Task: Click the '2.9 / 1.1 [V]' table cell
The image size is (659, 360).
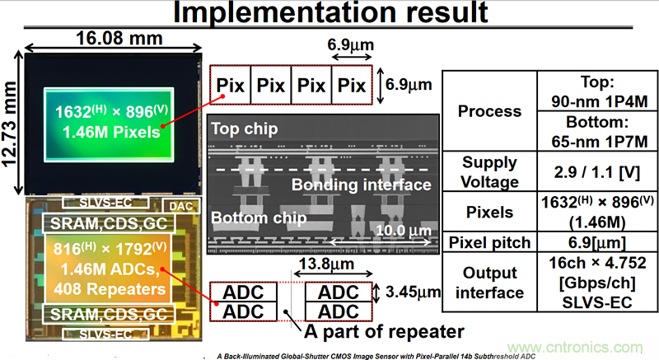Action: click(x=591, y=171)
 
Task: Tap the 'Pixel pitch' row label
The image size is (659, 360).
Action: click(x=489, y=242)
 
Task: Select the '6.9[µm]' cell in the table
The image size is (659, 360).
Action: click(x=591, y=242)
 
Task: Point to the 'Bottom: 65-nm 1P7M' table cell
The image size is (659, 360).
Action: click(x=591, y=130)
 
